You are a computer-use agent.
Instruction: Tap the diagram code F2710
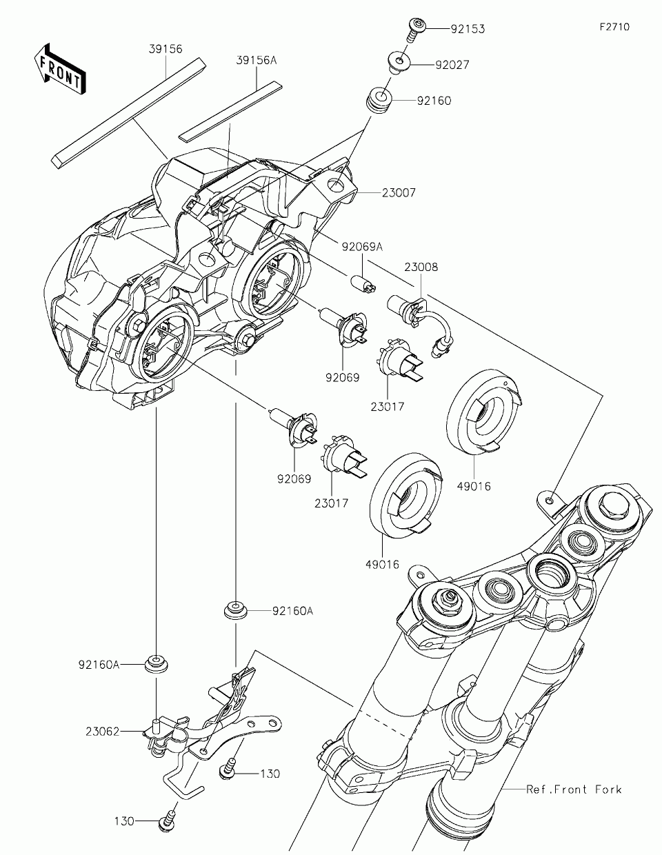point(614,28)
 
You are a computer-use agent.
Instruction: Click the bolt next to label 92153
point(416,26)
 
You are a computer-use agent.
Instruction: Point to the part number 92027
point(452,66)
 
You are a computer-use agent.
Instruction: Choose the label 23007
point(399,193)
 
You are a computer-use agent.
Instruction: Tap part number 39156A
point(256,61)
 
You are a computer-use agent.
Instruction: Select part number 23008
point(421,268)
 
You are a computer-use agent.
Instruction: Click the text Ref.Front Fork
point(573,789)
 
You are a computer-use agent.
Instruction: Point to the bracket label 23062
point(103,730)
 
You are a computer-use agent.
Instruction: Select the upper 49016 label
point(473,486)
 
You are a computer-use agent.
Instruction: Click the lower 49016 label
point(382,564)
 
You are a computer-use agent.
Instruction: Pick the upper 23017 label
point(387,407)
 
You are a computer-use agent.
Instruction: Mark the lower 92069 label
point(294,479)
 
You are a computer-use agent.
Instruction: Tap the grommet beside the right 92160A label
point(236,610)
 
